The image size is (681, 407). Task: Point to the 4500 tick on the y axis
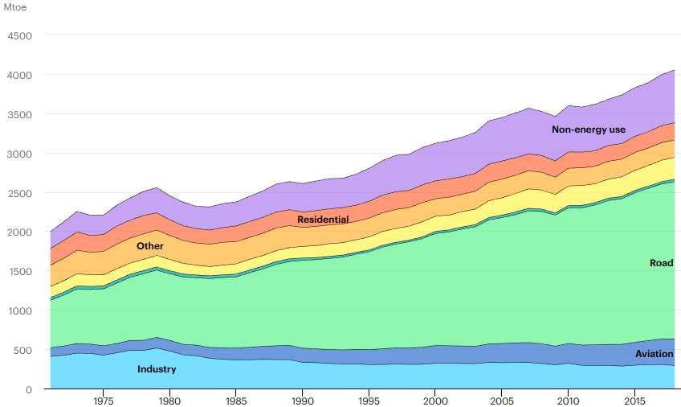18,36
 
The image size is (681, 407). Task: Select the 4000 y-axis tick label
18,76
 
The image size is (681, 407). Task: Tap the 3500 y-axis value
18,115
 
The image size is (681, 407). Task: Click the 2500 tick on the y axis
18,193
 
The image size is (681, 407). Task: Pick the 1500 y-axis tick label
18,272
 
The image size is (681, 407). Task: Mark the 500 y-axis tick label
22,351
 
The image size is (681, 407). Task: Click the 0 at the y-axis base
28,390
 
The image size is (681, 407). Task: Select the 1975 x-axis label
103,401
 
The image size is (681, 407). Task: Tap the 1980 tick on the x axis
169,401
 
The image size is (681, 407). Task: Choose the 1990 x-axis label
302,401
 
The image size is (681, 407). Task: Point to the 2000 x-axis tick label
434,401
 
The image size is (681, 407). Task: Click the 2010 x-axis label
568,401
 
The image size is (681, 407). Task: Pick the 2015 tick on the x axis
634,401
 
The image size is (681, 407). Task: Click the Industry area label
157,369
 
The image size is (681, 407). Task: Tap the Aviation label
654,354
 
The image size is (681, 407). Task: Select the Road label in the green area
661,263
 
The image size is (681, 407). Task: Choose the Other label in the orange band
149,245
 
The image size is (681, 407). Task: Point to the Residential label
323,220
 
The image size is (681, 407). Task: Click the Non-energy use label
588,129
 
